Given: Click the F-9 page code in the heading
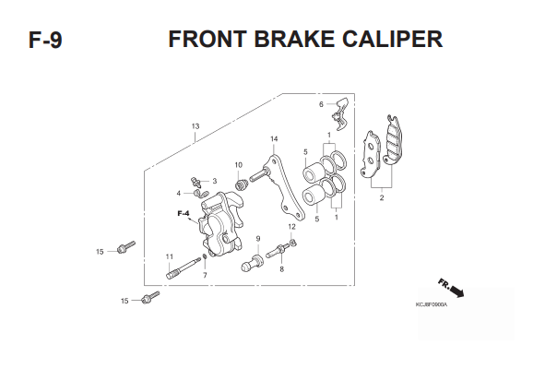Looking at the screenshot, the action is (45, 40).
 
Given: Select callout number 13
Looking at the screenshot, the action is (195, 126).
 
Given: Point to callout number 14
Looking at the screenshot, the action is (274, 139).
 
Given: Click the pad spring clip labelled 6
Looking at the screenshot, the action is (341, 113).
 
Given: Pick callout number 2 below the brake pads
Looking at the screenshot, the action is (382, 197).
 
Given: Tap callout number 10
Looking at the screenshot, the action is (239, 165).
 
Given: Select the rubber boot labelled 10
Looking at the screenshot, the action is (241, 184).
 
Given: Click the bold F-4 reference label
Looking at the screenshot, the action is (184, 213).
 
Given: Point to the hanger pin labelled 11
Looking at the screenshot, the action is (184, 268).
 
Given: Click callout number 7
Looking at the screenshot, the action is (205, 275).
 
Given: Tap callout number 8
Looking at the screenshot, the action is (281, 269).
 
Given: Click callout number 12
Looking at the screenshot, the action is (292, 227).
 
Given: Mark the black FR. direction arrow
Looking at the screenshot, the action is (456, 291).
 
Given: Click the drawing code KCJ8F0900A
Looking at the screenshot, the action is (432, 304).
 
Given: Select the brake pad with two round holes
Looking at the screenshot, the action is (371, 154).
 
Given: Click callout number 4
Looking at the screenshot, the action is (179, 193).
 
